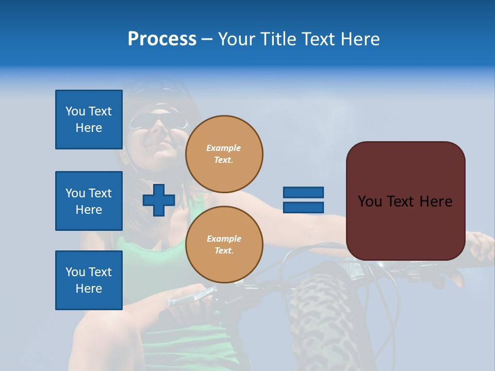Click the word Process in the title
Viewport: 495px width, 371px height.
pyautogui.click(x=162, y=39)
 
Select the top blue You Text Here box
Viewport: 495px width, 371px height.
pyautogui.click(x=89, y=120)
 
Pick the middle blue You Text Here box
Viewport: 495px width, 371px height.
pyautogui.click(x=89, y=201)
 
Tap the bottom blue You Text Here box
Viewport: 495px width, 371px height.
pyautogui.click(x=89, y=280)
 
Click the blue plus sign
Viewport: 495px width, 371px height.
pyautogui.click(x=159, y=200)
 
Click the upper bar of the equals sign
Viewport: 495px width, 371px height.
pyautogui.click(x=303, y=192)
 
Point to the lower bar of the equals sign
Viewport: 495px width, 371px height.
pyautogui.click(x=303, y=208)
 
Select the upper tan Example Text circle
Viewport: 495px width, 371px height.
pyautogui.click(x=224, y=154)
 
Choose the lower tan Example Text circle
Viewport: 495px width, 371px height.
pyautogui.click(x=224, y=245)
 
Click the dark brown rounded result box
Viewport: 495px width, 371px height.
pyautogui.click(x=405, y=227)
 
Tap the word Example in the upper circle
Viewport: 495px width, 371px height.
pyautogui.click(x=224, y=148)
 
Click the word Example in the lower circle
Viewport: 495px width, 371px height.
pyautogui.click(x=224, y=239)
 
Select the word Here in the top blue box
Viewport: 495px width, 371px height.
pyautogui.click(x=89, y=128)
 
